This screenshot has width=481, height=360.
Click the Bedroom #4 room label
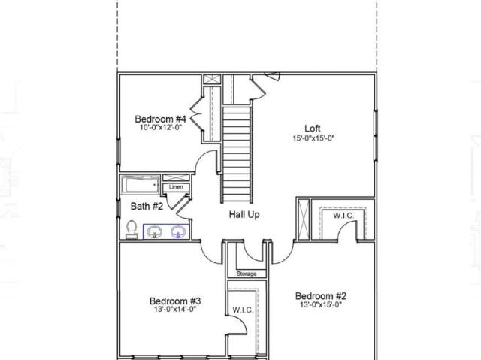click(x=160, y=119)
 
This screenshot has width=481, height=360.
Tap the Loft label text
click(x=313, y=129)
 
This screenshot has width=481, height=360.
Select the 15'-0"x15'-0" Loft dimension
click(x=313, y=138)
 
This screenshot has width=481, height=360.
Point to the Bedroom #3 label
click(x=175, y=301)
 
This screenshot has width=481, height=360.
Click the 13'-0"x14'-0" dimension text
click(x=175, y=309)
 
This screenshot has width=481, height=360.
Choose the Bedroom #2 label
click(x=321, y=296)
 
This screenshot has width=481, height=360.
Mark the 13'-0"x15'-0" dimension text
click(x=321, y=304)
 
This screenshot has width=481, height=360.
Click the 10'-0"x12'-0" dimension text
click(x=161, y=127)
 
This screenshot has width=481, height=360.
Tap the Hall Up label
click(x=244, y=214)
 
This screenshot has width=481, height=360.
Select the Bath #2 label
click(x=147, y=206)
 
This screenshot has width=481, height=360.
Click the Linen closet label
click(x=176, y=186)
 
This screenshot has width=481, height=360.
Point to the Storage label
click(x=247, y=274)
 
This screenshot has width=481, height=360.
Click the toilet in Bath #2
click(x=132, y=229)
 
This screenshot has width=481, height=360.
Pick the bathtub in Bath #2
click(x=141, y=185)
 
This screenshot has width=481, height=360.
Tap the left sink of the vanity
click(x=154, y=231)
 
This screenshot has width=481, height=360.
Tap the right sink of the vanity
click(x=178, y=231)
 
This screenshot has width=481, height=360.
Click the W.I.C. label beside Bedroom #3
click(x=243, y=310)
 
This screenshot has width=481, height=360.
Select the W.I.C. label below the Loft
click(x=343, y=216)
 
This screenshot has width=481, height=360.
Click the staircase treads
click(x=237, y=154)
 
